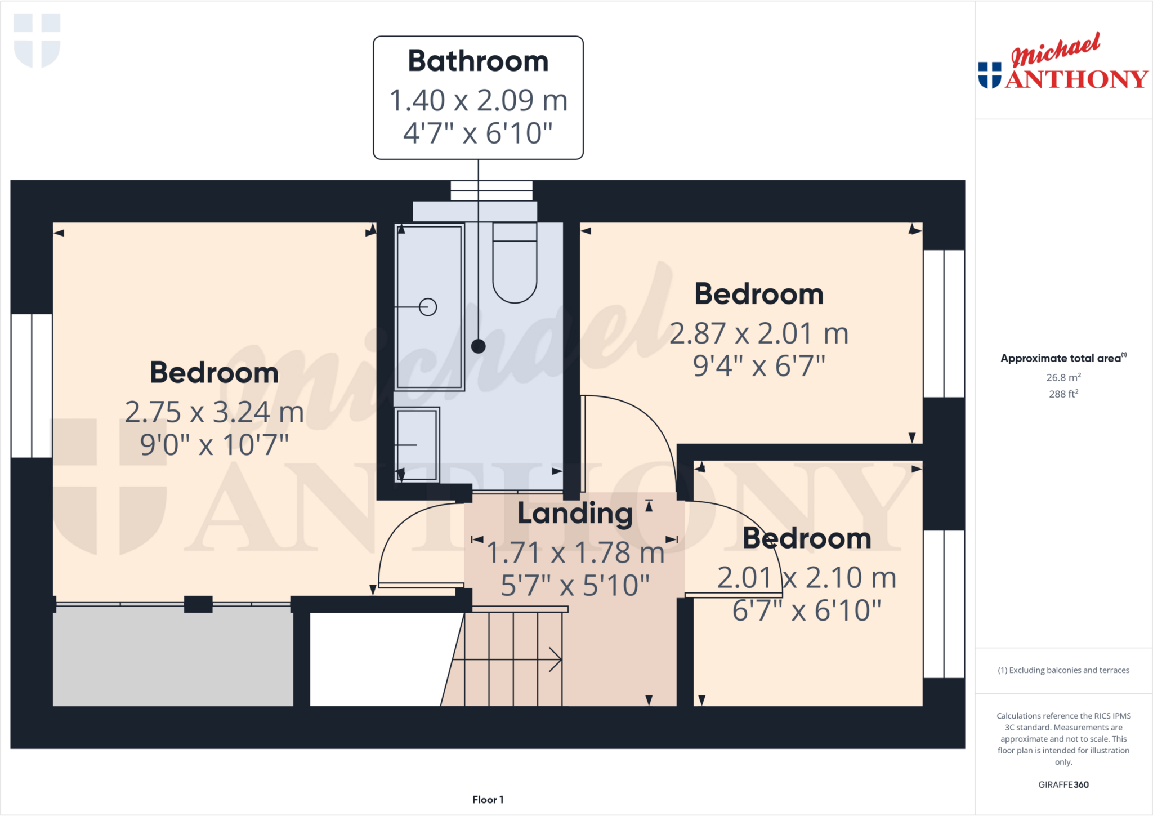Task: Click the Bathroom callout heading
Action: pos(478,61)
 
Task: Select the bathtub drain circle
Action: pos(428,307)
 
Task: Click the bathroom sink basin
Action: pos(417,444)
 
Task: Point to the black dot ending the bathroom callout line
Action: pos(479,346)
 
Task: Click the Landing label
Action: pos(575,513)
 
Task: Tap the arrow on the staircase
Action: pos(555,659)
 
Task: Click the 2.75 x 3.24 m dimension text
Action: pos(214,412)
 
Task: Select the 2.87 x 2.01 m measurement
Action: pos(759,333)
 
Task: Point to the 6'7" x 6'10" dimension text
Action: pos(807,610)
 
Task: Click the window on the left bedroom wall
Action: pos(32,386)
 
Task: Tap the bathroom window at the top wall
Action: pos(491,191)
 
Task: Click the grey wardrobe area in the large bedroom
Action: pos(173,656)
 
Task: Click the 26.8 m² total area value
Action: pos(1063,377)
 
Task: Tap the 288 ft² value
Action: pos(1063,394)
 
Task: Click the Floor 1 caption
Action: pos(488,800)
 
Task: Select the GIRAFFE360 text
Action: pos(1063,784)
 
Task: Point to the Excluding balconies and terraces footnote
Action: pos(1063,670)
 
